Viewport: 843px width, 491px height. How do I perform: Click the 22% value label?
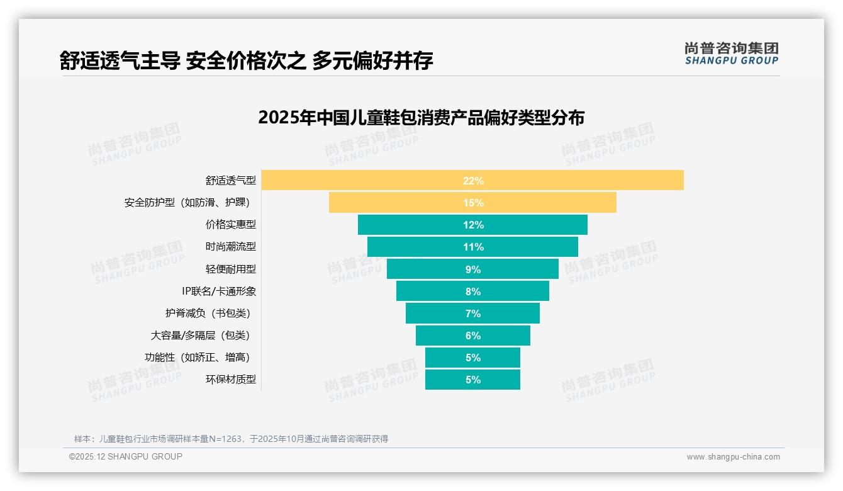[x=473, y=181]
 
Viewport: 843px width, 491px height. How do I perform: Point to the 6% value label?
[x=473, y=336]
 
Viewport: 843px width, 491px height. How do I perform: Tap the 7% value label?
[x=473, y=313]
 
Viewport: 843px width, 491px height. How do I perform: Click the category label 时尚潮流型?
[x=231, y=247]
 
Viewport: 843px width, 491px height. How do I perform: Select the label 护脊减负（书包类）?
[x=211, y=313]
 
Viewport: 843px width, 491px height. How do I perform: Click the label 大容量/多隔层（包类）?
[x=203, y=335]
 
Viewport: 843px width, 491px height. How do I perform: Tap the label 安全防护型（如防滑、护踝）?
[x=190, y=203]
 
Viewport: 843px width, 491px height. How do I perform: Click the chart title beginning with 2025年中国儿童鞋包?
[x=421, y=118]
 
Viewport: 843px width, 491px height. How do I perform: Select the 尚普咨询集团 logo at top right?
[x=731, y=54]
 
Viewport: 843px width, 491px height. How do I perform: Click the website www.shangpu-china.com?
[x=733, y=457]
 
